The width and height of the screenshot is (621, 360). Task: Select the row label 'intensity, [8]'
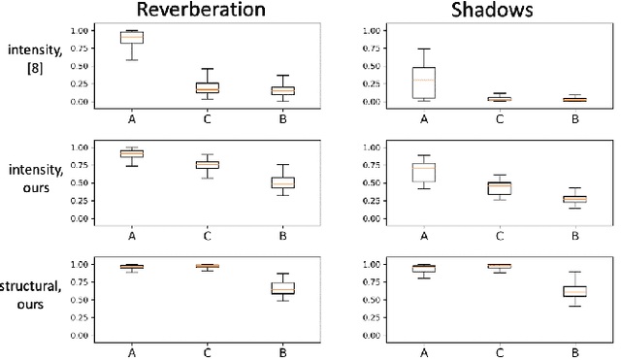pos(30,58)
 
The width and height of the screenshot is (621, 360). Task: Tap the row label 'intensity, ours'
pos(30,180)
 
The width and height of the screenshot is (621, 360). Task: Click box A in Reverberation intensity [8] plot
pos(131,37)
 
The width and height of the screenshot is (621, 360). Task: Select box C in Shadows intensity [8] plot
pos(499,98)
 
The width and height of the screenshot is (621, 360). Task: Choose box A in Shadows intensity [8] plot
pos(424,82)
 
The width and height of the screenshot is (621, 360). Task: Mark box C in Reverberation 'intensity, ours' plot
pos(207,165)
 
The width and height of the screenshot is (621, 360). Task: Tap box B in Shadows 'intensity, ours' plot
pos(574,198)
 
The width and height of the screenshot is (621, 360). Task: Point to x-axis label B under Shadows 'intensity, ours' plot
pos(574,234)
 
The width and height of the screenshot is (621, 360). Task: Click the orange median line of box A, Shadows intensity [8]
pos(424,80)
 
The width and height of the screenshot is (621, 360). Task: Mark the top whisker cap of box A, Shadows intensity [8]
pos(424,49)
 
